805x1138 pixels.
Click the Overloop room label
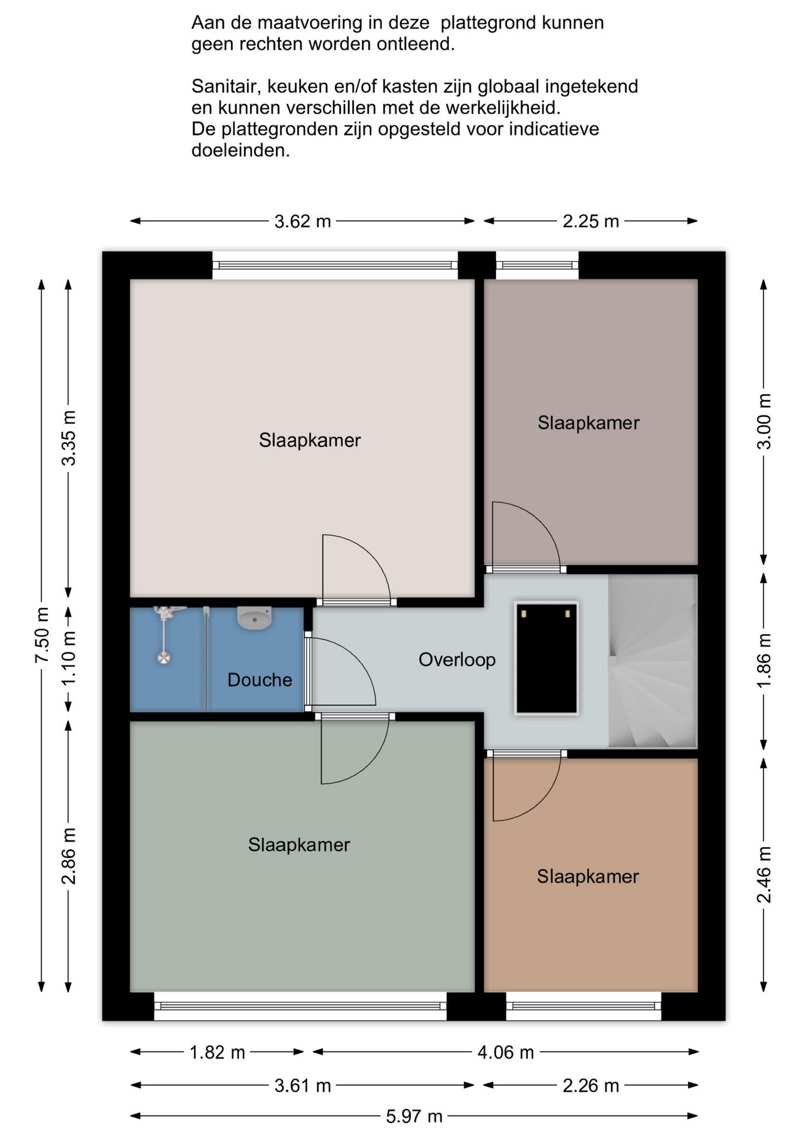[x=457, y=660]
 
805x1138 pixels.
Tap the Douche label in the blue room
[x=260, y=680]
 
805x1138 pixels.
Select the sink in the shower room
[x=254, y=617]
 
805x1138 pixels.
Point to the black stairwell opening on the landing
[x=547, y=658]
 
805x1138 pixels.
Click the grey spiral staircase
[x=652, y=661]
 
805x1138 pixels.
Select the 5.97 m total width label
[x=414, y=1117]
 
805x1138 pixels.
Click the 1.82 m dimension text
[x=217, y=1053]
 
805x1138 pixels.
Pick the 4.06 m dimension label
[x=506, y=1053]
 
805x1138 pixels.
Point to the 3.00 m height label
[x=765, y=421]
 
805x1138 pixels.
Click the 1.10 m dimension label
[x=69, y=657]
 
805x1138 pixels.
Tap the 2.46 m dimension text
[x=765, y=874]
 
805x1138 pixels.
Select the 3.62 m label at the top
[x=302, y=222]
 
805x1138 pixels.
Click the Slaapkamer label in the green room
[x=299, y=845]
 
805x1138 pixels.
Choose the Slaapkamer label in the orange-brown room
[x=588, y=877]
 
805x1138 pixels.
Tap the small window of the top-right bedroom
[x=537, y=266]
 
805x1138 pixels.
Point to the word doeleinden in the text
[x=241, y=151]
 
